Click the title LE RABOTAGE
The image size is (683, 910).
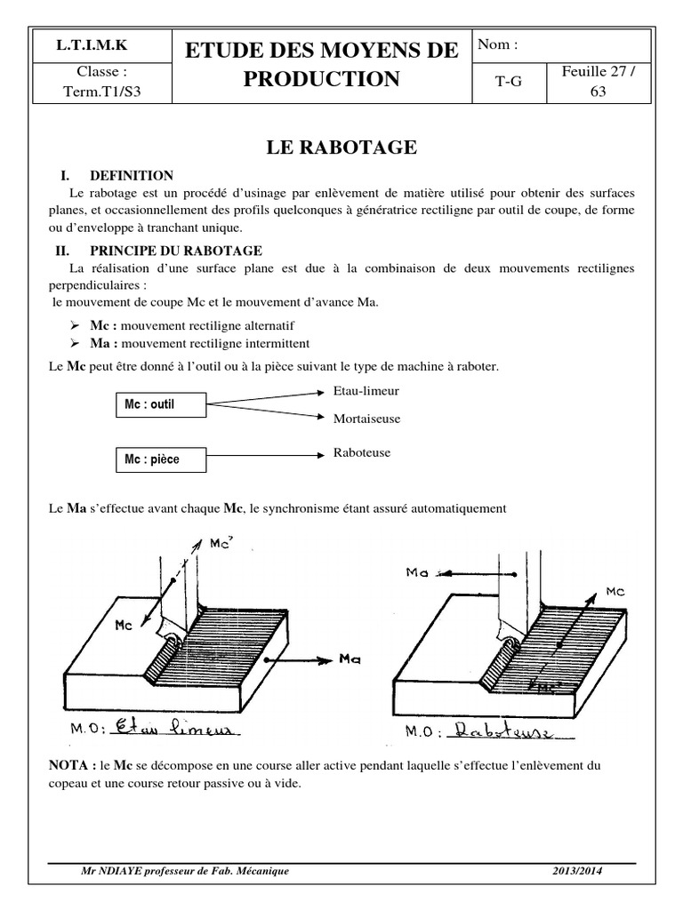click(x=341, y=148)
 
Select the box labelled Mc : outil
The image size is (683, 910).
click(x=160, y=405)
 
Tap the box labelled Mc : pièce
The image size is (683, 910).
click(x=160, y=459)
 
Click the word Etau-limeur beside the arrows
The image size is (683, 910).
click(x=366, y=390)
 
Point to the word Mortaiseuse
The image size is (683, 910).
click(x=366, y=417)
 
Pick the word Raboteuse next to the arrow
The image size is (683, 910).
click(x=361, y=453)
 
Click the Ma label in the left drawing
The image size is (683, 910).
click(x=349, y=659)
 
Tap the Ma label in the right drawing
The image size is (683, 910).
click(x=418, y=573)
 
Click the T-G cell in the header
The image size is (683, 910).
click(x=508, y=80)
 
